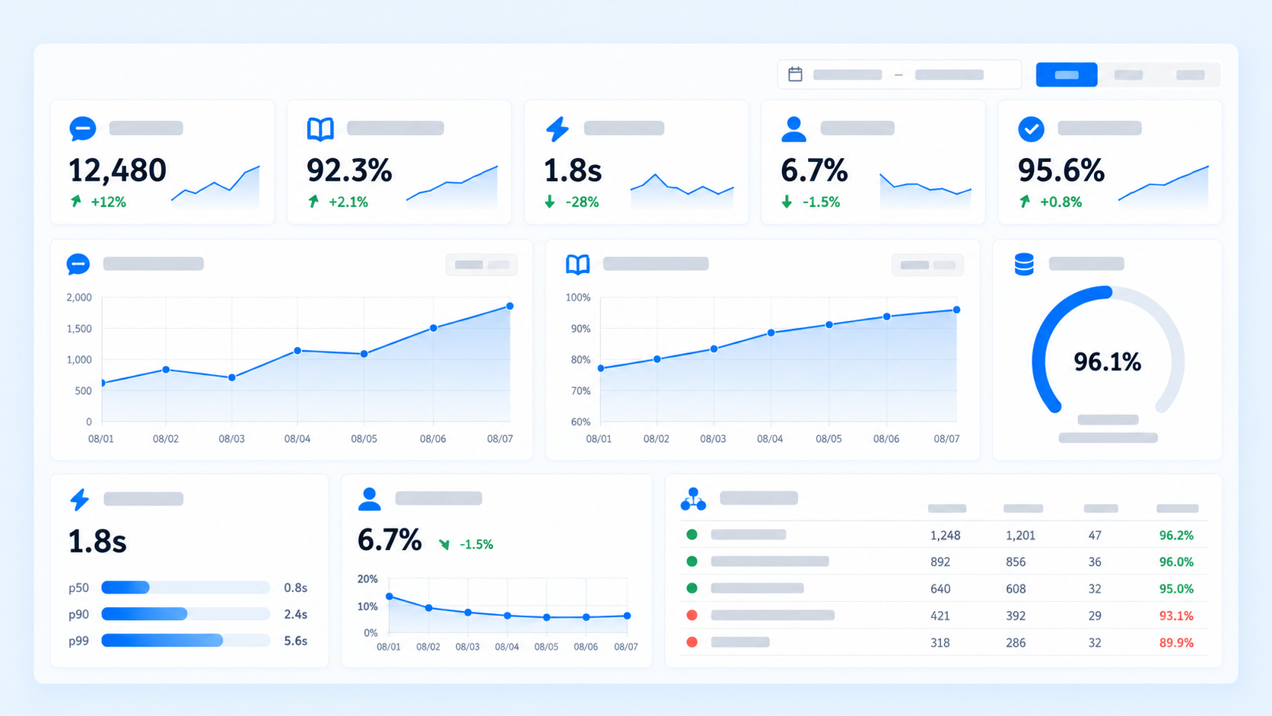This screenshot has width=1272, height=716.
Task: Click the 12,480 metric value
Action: click(x=118, y=170)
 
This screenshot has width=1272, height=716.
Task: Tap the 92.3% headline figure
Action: click(x=349, y=170)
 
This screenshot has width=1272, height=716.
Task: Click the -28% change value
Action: click(x=582, y=202)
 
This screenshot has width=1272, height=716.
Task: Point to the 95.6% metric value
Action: click(x=1061, y=170)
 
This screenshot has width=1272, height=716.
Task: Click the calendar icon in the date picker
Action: click(x=795, y=75)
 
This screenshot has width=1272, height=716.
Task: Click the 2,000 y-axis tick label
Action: click(x=79, y=297)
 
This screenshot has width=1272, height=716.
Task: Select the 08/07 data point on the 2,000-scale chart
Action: click(x=510, y=306)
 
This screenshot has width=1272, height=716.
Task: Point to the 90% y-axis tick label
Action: click(x=581, y=328)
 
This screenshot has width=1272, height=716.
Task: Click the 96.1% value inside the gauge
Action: click(x=1108, y=361)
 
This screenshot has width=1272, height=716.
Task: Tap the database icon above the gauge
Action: click(x=1024, y=264)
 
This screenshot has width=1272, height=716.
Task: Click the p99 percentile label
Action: click(x=78, y=641)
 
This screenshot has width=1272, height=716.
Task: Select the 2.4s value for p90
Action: click(x=296, y=614)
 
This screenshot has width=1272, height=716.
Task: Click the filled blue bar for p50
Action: click(x=126, y=587)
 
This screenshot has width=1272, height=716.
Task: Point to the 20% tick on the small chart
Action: click(x=367, y=578)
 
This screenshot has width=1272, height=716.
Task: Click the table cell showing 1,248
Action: click(x=945, y=535)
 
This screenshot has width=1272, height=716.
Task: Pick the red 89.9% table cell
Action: click(x=1176, y=642)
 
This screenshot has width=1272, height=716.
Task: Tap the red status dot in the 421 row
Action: click(x=692, y=615)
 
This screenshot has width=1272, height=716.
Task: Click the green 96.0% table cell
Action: click(x=1176, y=562)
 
